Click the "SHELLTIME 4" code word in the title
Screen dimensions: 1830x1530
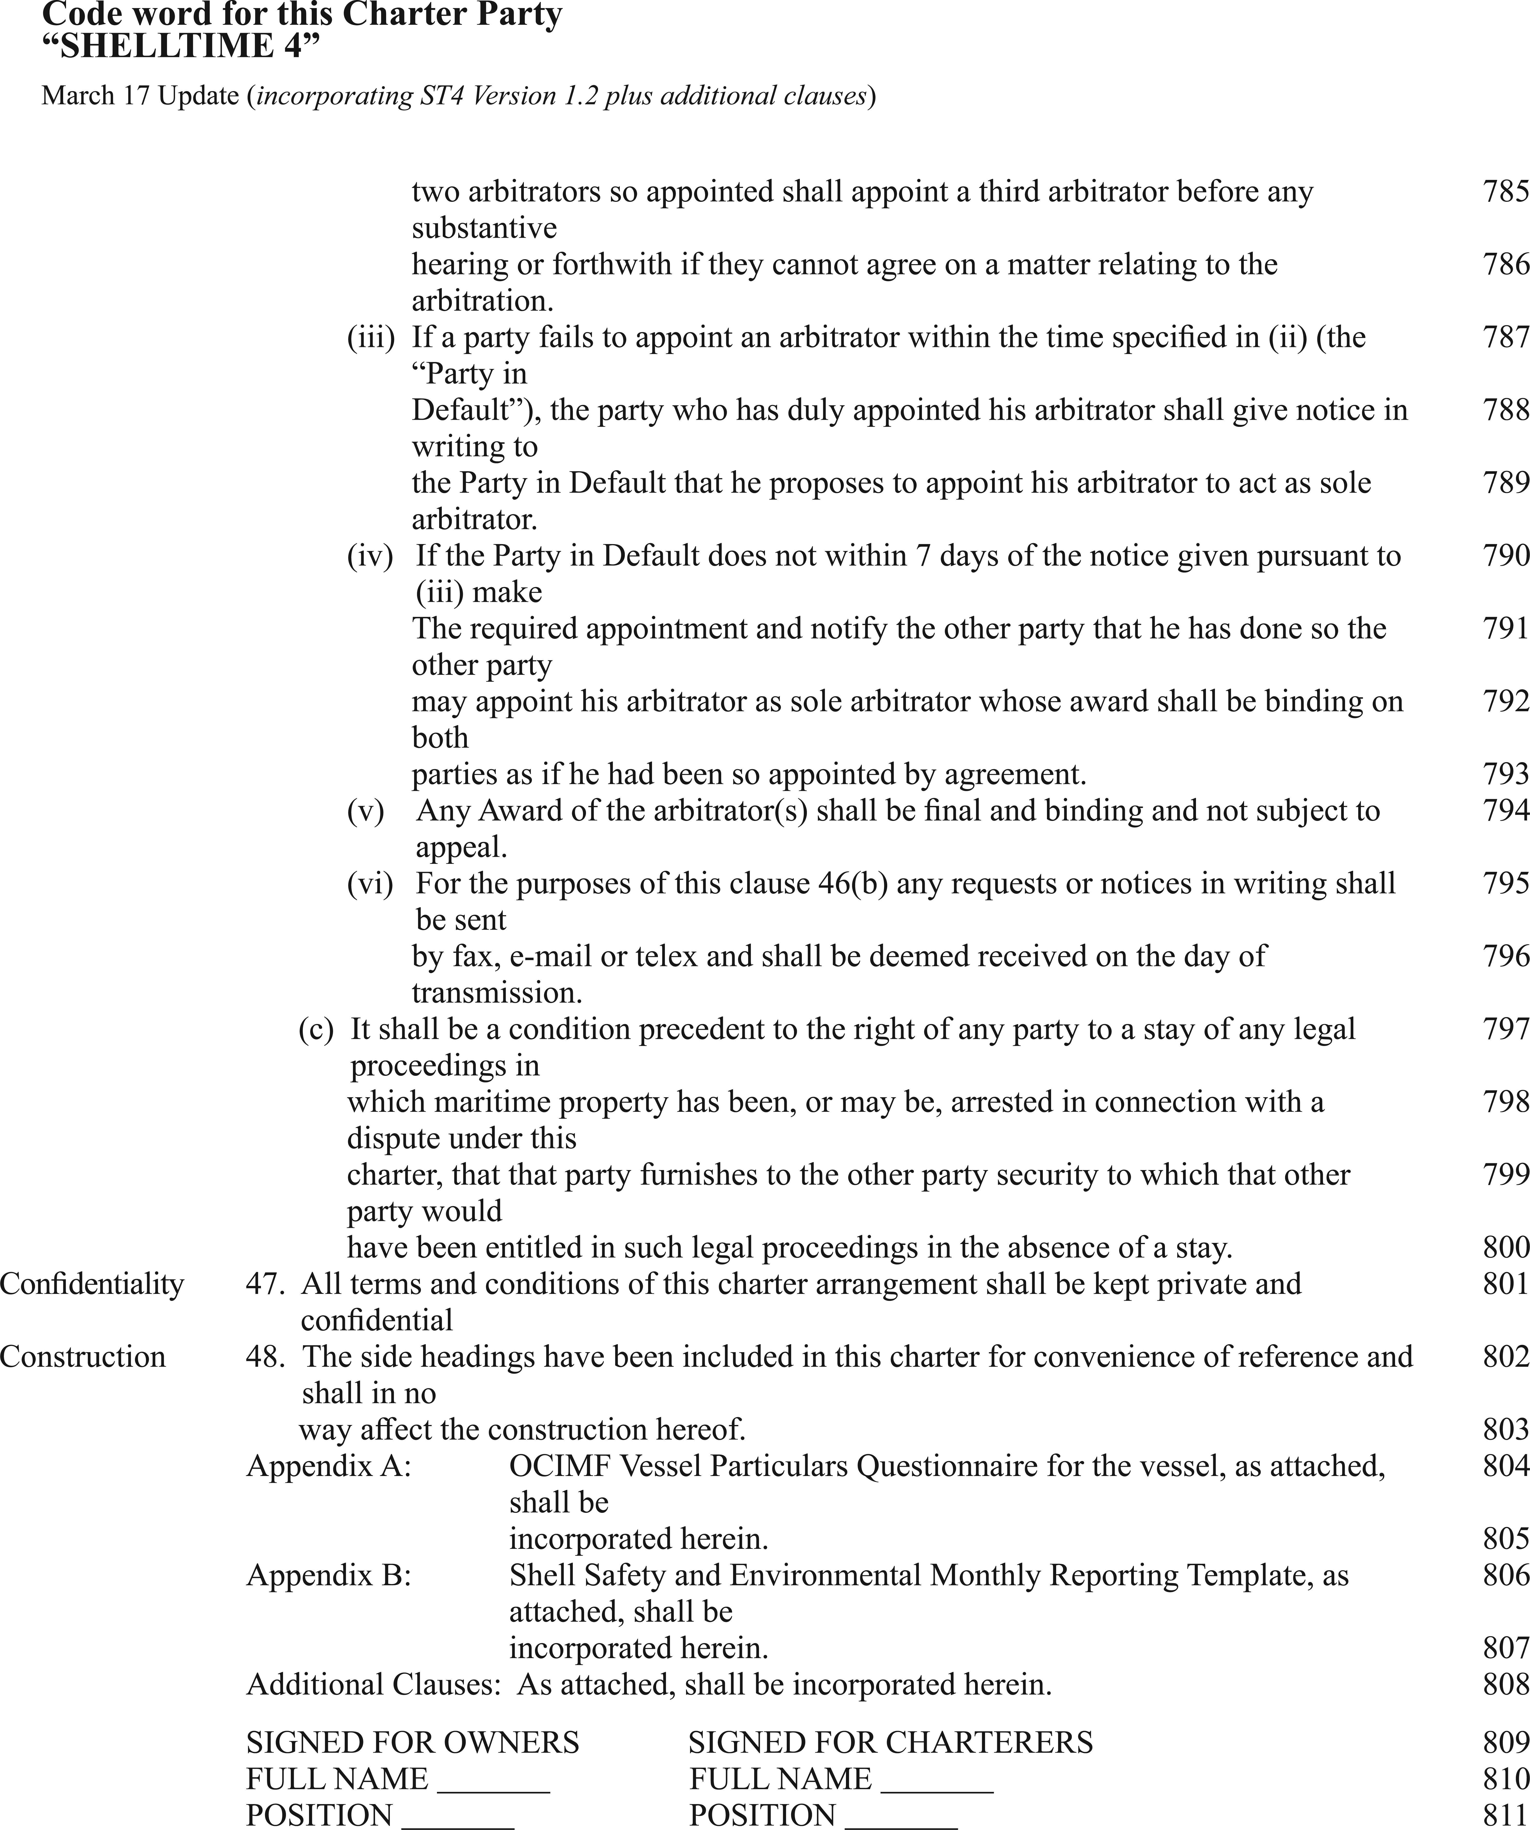point(181,45)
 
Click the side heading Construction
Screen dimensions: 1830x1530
point(83,1357)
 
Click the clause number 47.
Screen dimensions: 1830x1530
point(265,1284)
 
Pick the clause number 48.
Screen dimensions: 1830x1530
point(265,1357)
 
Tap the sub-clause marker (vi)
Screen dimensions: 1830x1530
point(370,884)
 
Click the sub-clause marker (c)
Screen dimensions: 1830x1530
point(315,1029)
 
